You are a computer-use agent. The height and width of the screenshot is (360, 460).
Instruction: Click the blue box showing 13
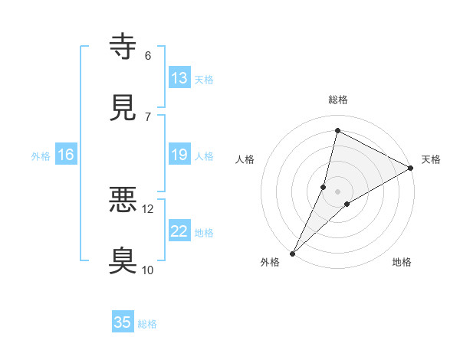[179, 77]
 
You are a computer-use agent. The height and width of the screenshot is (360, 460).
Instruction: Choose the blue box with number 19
[179, 155]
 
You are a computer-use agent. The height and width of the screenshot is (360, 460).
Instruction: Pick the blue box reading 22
[179, 231]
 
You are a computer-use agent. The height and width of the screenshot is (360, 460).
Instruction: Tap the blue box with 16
[66, 155]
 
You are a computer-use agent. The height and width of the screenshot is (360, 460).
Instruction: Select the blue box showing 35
[123, 322]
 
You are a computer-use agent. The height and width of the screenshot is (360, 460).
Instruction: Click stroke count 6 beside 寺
[148, 56]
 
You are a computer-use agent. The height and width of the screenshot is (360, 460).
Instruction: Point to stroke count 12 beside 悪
[148, 209]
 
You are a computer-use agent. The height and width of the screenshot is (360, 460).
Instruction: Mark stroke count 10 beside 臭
[148, 270]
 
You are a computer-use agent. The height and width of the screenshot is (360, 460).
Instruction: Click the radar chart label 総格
[338, 100]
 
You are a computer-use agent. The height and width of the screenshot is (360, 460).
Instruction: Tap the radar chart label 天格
[431, 159]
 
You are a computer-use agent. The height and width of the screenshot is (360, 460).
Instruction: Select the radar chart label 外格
[270, 262]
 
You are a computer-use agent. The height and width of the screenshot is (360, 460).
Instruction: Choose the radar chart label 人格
[245, 159]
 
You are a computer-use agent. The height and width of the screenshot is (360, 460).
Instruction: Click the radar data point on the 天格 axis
[411, 169]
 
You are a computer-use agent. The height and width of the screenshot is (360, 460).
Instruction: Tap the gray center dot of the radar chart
[338, 191]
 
